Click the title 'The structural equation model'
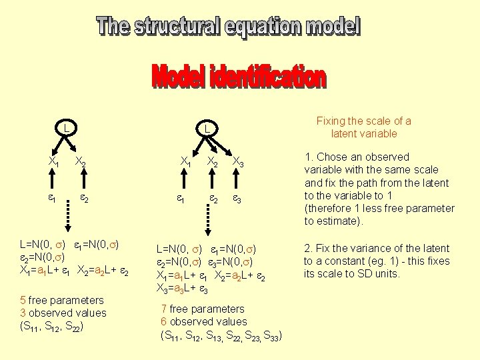tap(228, 27)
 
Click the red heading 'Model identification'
tap(239, 77)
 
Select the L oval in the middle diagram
tap(207, 128)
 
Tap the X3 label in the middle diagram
tap(238, 162)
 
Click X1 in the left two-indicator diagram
tap(55, 161)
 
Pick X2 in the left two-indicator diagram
tap(79, 162)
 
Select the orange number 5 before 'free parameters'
tap(23, 301)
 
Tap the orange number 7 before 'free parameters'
tap(164, 309)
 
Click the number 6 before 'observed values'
tap(164, 322)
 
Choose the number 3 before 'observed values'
tap(23, 313)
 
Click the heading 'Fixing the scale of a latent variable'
tap(363, 127)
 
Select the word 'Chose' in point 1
tap(332, 157)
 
